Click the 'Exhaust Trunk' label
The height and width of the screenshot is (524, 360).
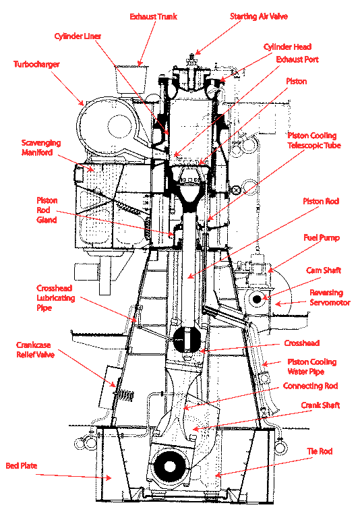tap(153, 16)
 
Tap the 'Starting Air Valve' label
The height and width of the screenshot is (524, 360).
tap(259, 16)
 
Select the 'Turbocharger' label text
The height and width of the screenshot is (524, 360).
tap(36, 64)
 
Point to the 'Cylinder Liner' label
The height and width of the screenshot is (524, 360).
tap(78, 36)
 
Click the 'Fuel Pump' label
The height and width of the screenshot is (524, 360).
tap(322, 237)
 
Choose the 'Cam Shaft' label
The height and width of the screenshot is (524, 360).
tap(324, 270)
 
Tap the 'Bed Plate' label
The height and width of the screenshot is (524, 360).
tap(22, 465)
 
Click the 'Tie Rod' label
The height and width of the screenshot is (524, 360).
tap(320, 451)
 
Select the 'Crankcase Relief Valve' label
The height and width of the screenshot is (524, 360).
tap(36, 349)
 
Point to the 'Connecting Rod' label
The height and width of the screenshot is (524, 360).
tap(311, 386)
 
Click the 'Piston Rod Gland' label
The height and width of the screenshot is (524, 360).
tap(47, 210)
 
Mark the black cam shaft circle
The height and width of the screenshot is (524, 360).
tap(257, 299)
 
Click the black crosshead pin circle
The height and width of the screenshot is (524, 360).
tap(187, 339)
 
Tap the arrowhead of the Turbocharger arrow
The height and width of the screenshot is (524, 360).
tap(82, 103)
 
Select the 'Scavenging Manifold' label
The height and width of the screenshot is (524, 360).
tap(41, 148)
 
